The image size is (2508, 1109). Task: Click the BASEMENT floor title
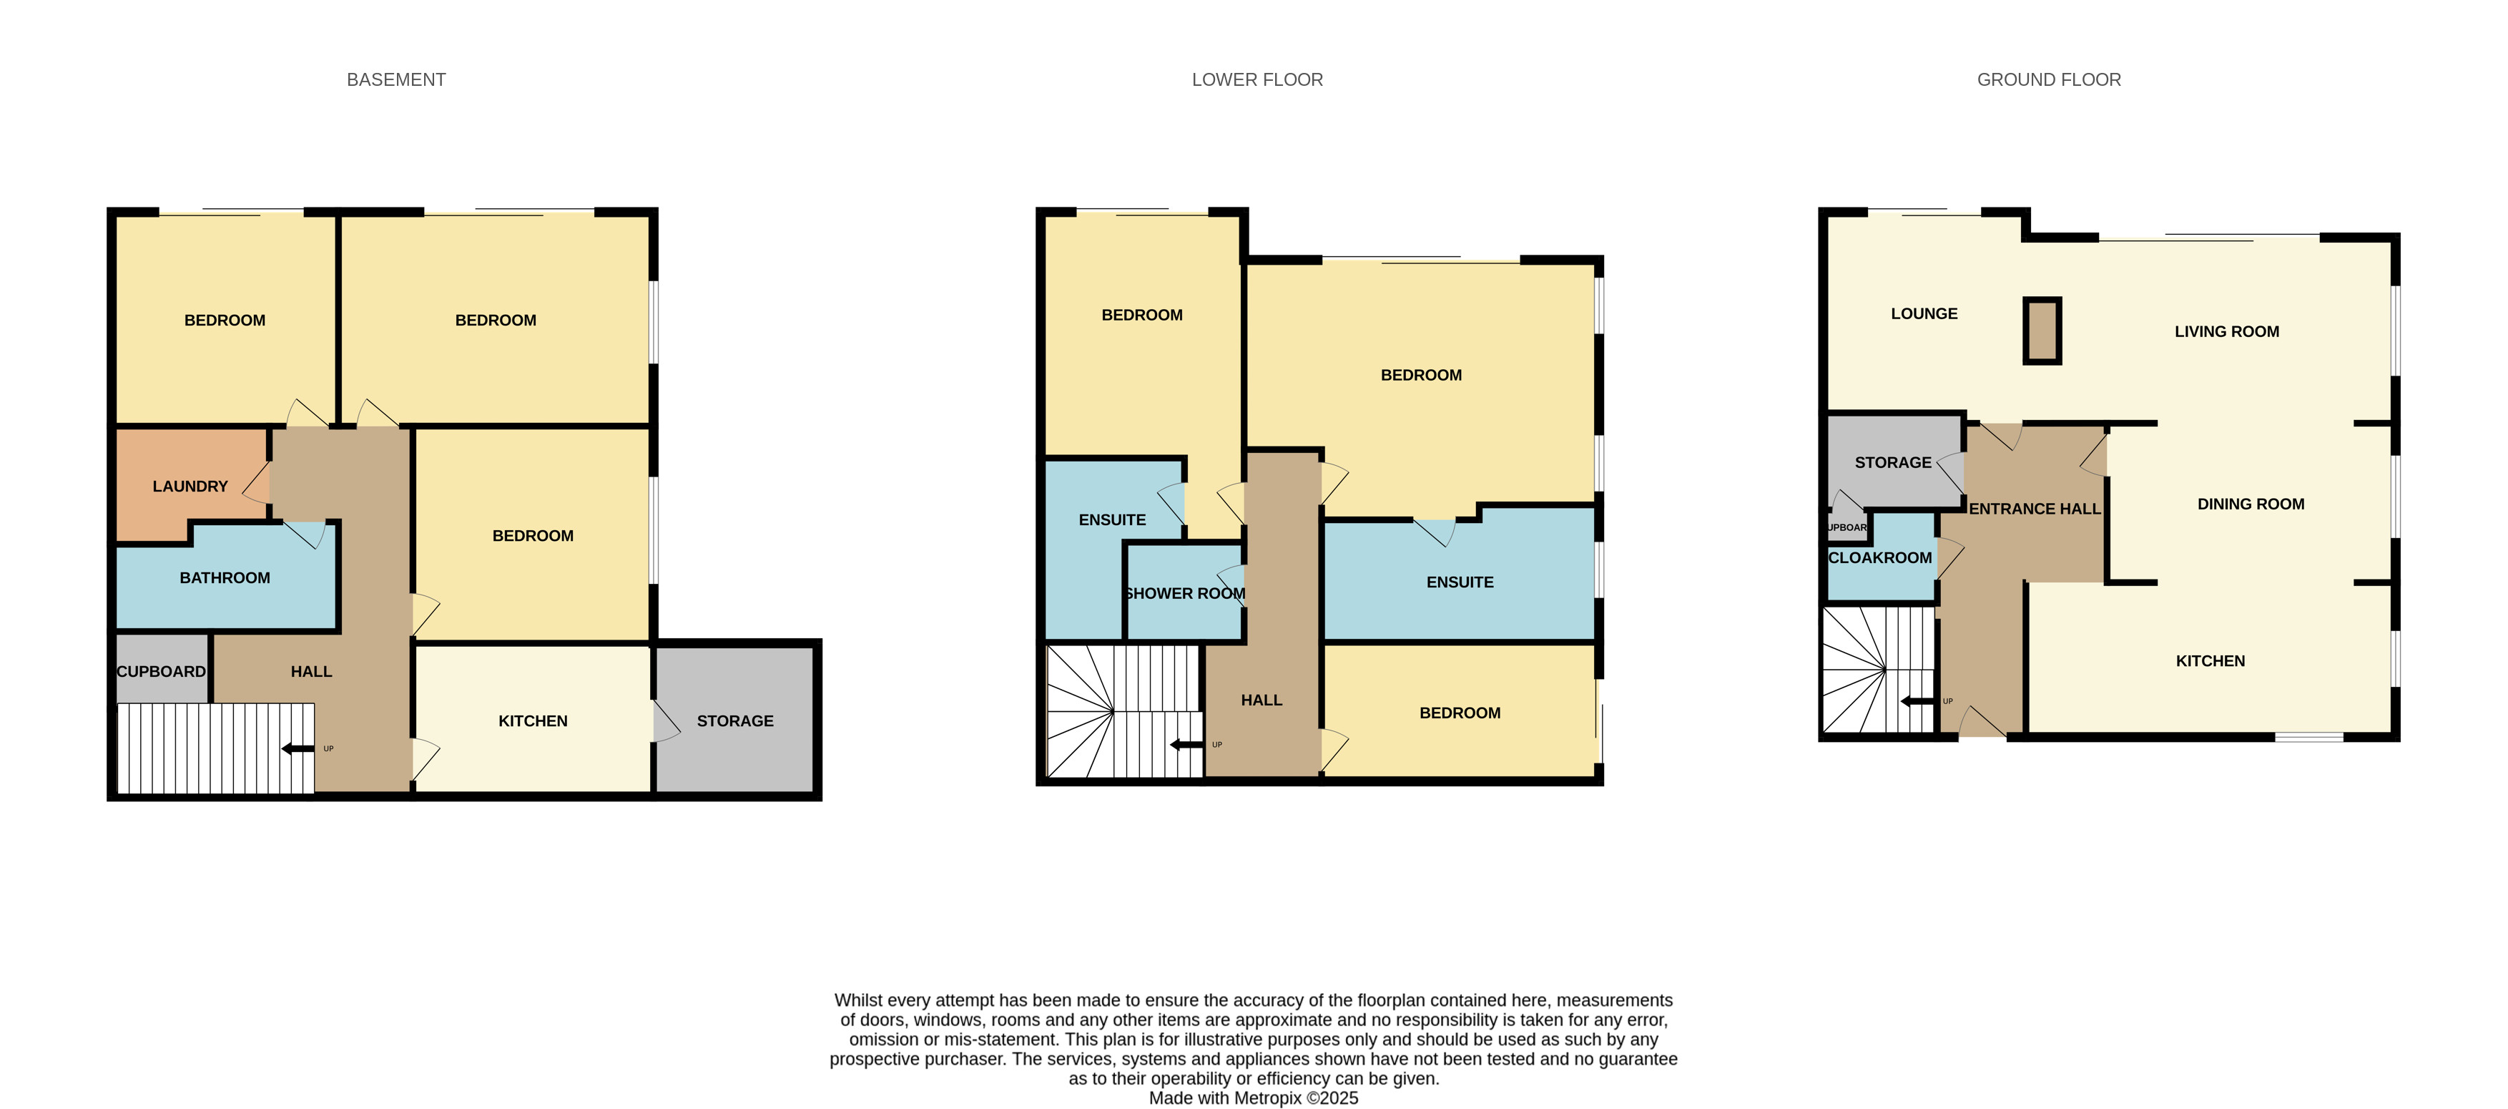[396, 80]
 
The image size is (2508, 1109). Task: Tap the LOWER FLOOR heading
[1257, 80]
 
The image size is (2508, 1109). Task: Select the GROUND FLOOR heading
[2048, 80]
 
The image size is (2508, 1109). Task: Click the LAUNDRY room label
[190, 486]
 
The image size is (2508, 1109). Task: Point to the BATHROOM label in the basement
[225, 577]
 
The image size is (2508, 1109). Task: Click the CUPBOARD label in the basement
[162, 671]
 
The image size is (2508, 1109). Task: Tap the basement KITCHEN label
[533, 720]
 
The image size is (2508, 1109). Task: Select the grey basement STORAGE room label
[735, 720]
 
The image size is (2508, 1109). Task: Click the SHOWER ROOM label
[1185, 593]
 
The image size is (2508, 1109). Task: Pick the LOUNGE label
[1924, 313]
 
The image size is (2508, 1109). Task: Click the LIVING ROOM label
[2227, 331]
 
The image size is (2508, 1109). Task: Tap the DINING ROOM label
[2251, 504]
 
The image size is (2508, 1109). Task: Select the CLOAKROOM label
[1880, 557]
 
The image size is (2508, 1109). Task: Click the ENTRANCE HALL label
[2035, 508]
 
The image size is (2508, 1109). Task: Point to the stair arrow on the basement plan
[298, 748]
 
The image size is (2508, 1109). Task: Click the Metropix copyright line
[1253, 1098]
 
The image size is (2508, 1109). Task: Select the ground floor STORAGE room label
[1893, 462]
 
